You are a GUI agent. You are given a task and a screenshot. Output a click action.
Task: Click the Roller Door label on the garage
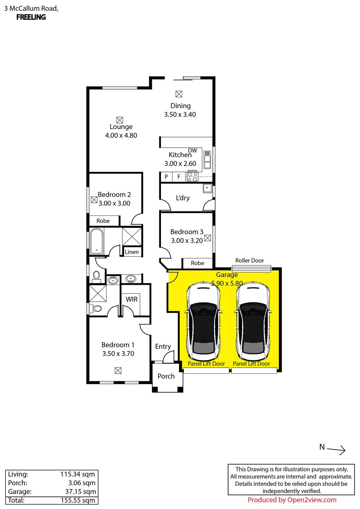[x=249, y=260]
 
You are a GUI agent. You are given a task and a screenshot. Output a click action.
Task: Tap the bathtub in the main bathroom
[x=97, y=241]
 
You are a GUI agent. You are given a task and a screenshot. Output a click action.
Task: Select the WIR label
[x=131, y=299]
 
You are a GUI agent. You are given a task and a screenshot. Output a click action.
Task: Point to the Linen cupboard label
[x=131, y=252]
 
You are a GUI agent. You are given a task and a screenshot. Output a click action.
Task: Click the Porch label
[x=166, y=376]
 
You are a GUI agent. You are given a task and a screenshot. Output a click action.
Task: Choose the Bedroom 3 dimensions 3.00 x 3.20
[x=187, y=240]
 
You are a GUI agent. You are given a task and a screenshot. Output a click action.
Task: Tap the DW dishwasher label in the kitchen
[x=193, y=150]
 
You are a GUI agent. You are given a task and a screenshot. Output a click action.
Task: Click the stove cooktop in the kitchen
[x=192, y=177]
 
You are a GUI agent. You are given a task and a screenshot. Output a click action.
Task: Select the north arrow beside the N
[x=336, y=450]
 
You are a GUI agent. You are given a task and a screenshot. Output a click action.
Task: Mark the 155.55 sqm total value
[x=78, y=500]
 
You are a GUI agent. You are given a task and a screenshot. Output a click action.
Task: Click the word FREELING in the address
[x=31, y=17]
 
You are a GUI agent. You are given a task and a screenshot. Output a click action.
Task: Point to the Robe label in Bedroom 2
[x=103, y=221]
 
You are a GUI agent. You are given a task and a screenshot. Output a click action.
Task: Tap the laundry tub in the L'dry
[x=207, y=188]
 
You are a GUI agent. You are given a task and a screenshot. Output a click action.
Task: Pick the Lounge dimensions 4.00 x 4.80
[x=121, y=135]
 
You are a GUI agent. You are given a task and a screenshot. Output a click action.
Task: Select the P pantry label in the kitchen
[x=166, y=176]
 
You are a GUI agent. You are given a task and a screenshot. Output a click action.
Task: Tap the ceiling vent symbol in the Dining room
[x=179, y=94]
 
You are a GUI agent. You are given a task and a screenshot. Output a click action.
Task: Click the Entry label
[x=163, y=346]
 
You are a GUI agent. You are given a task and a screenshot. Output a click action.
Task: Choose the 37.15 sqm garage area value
[x=81, y=491]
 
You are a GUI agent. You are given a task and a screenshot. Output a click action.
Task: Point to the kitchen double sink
[x=207, y=160]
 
